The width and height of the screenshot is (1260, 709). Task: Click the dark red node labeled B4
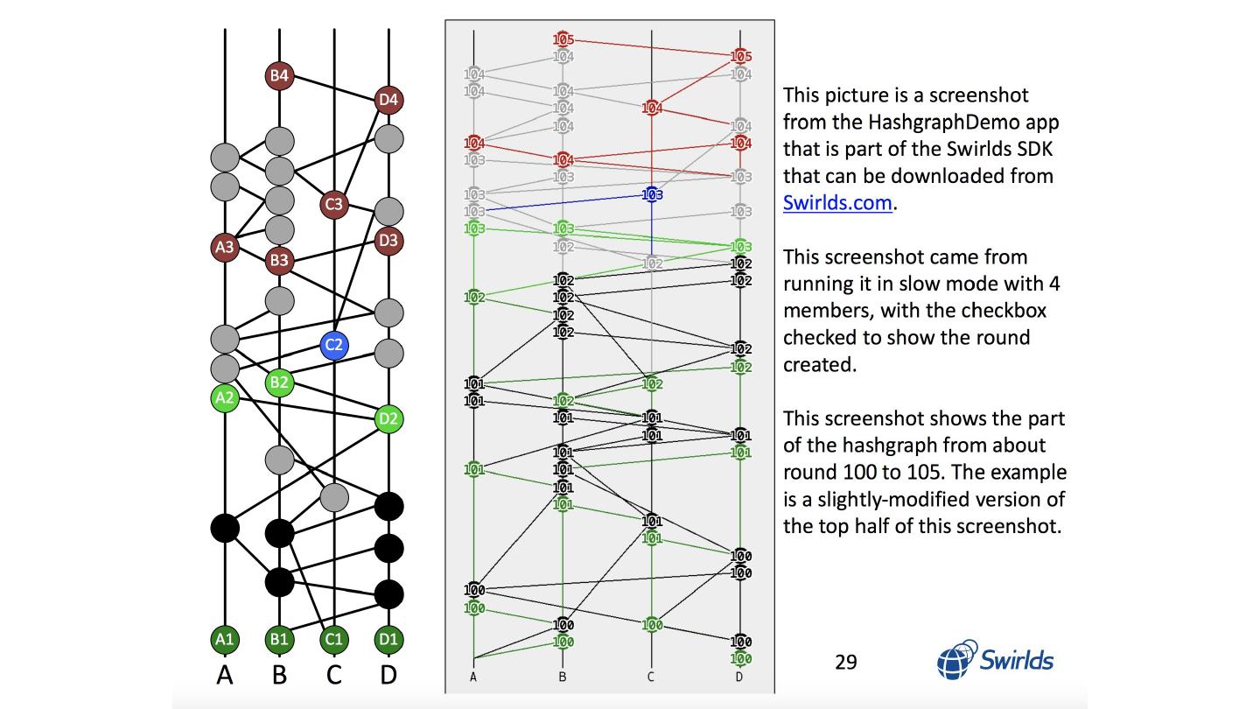tap(279, 75)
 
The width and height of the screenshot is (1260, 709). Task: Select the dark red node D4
tap(388, 100)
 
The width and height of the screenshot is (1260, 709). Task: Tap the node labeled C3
tap(333, 205)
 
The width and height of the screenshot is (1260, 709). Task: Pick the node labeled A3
tap(225, 247)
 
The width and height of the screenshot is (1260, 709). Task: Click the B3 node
tap(279, 260)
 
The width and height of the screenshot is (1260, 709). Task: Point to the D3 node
tap(388, 240)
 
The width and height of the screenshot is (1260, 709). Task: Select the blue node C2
tap(333, 345)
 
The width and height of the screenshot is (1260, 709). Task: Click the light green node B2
tap(279, 382)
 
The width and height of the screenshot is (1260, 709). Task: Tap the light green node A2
tap(225, 398)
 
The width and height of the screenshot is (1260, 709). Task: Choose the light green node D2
tap(388, 418)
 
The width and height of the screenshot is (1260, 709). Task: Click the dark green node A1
tap(225, 639)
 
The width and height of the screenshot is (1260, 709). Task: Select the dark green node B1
tap(279, 639)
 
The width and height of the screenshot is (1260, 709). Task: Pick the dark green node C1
tap(333, 639)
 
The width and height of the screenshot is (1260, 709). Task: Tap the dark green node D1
tap(388, 639)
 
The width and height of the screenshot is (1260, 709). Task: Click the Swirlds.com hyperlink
tap(837, 203)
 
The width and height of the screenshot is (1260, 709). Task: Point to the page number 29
tap(846, 662)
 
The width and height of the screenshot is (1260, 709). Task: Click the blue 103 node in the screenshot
tap(652, 194)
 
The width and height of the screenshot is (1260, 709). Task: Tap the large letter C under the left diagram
tap(333, 675)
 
